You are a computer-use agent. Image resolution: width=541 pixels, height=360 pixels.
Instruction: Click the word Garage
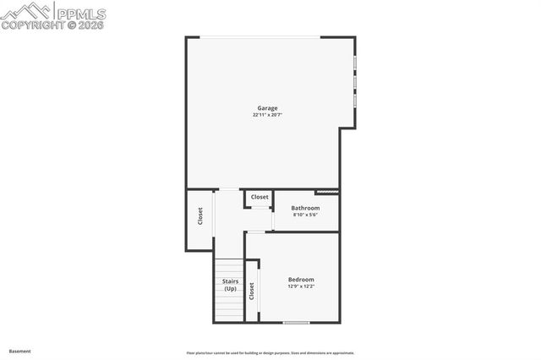267,107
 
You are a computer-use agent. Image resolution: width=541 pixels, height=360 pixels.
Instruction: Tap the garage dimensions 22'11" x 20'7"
267,115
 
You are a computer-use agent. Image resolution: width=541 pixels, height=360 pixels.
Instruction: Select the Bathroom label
305,208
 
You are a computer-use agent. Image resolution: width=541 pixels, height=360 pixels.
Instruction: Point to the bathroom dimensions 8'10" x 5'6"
305,215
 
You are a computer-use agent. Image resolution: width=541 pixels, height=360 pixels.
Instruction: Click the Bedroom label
301,280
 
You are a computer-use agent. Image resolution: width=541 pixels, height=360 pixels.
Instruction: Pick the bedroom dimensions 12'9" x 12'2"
301,286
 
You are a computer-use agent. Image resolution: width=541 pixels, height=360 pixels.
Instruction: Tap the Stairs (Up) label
230,285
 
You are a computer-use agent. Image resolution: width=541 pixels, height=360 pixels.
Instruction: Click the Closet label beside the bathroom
260,197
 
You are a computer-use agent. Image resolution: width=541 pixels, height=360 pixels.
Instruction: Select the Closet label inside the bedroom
252,291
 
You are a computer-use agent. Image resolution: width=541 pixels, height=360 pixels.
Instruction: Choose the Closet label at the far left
200,216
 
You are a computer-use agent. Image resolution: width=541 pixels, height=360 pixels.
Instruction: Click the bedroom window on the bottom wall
296,322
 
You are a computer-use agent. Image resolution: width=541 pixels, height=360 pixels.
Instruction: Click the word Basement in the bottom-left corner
19,351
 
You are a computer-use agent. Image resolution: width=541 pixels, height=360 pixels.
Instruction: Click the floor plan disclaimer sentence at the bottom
270,353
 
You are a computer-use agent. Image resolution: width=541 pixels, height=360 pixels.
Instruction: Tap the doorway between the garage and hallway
229,188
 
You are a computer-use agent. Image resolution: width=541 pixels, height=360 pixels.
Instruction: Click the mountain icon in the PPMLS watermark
25,10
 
